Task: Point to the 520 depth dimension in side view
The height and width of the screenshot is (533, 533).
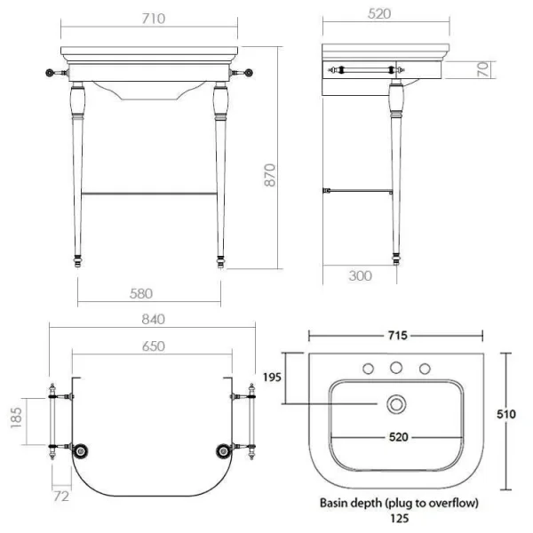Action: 383,15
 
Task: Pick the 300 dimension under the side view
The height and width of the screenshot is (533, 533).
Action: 360,276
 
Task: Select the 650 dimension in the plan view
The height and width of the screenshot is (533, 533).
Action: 153,346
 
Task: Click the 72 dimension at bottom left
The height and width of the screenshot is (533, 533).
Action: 60,496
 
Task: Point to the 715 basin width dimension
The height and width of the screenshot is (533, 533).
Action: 396,335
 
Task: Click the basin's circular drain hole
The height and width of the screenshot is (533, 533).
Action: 396,405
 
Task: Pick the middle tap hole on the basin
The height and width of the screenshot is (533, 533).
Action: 396,367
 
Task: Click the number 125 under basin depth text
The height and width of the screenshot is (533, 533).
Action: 399,518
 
